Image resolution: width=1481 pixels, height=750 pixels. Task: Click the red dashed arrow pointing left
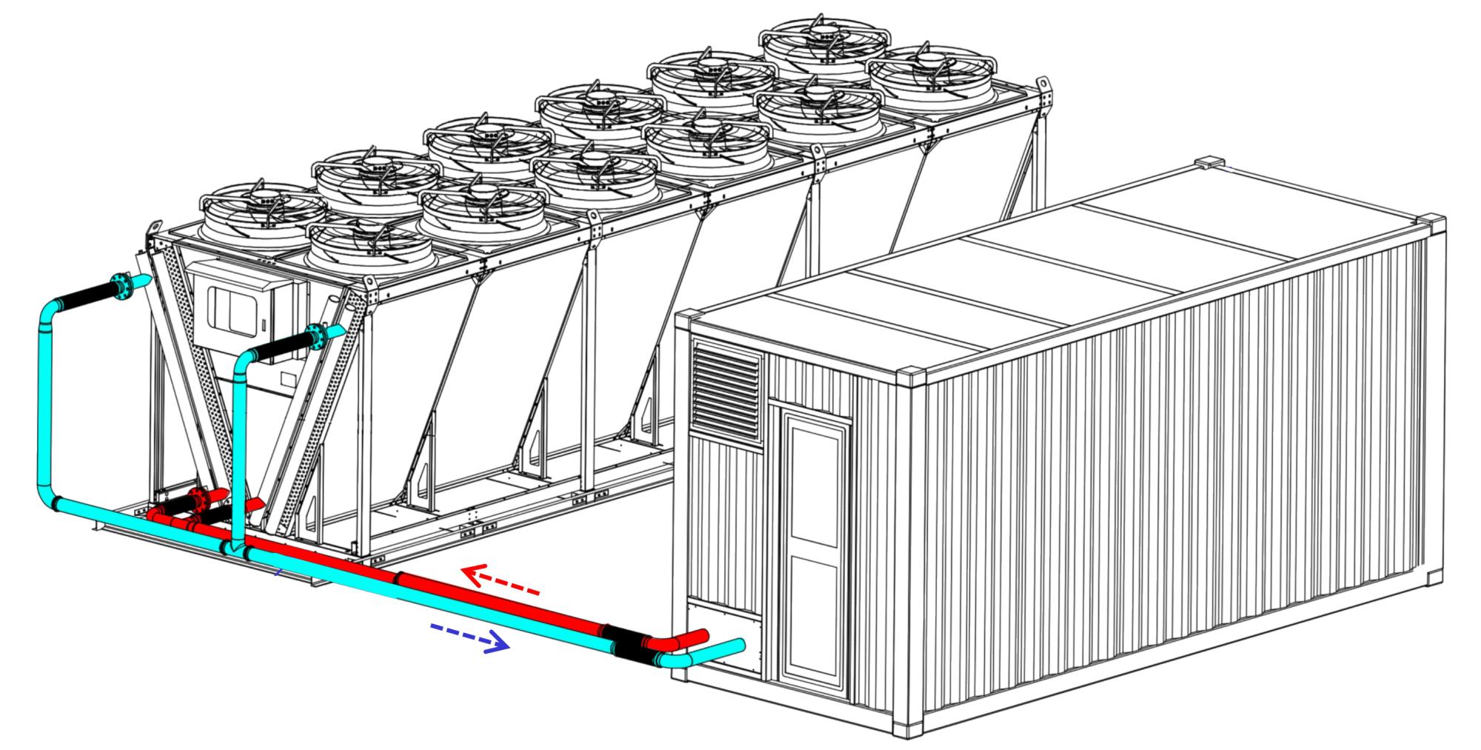pyautogui.click(x=501, y=582)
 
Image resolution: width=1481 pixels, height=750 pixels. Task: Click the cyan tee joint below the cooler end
pyautogui.click(x=235, y=549)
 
